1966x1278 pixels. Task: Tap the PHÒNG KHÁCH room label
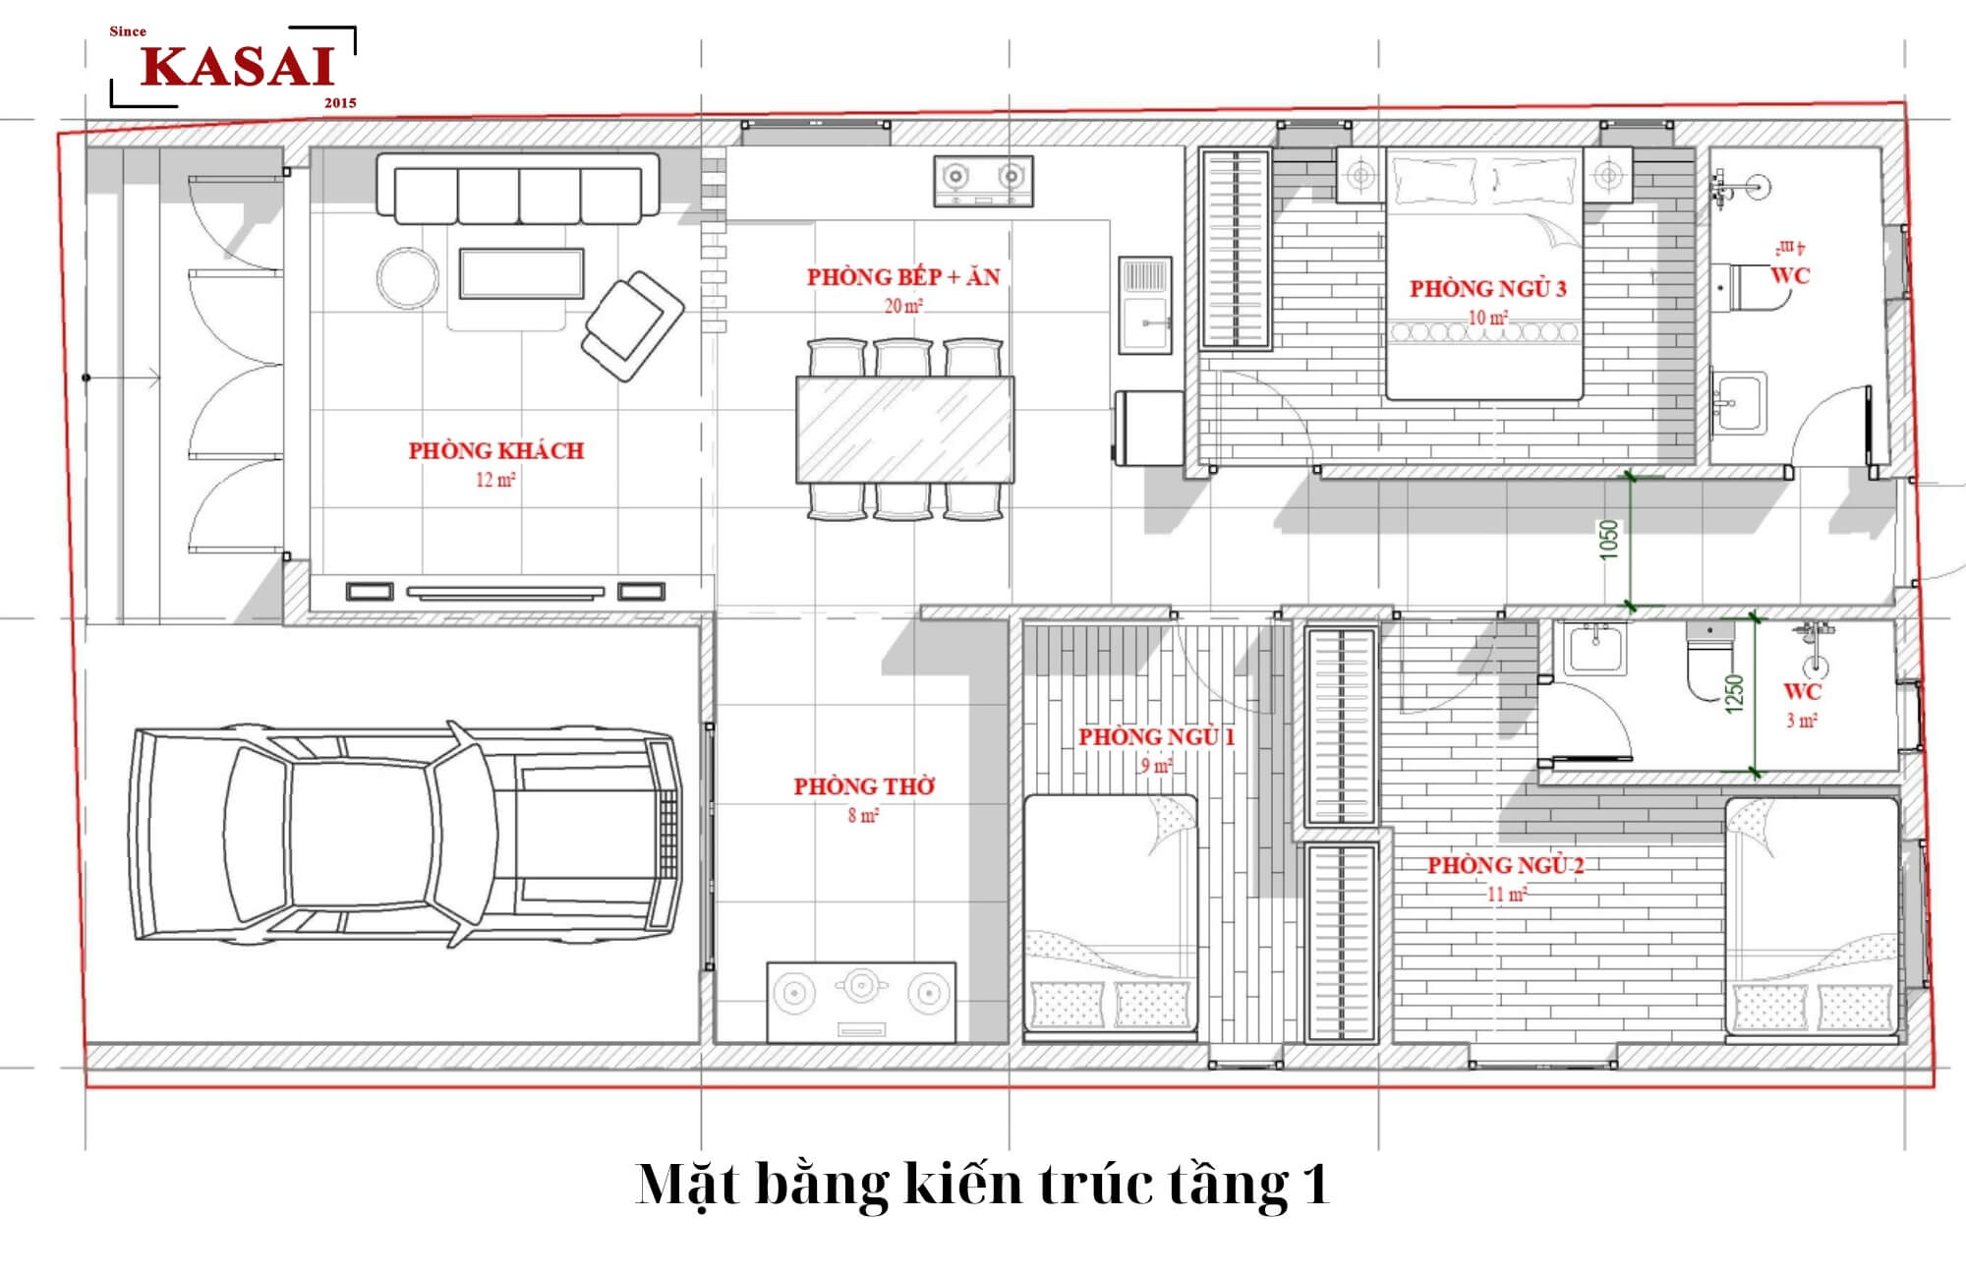pyautogui.click(x=496, y=451)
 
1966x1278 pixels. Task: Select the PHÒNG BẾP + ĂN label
pyautogui.click(x=903, y=277)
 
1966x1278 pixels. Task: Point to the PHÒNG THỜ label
pyautogui.click(x=864, y=786)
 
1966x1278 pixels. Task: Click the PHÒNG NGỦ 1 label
pyautogui.click(x=1157, y=736)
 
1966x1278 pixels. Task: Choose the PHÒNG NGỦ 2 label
pyautogui.click(x=1506, y=865)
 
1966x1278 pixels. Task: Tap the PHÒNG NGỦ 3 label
pyautogui.click(x=1488, y=289)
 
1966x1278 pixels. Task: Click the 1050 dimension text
pyautogui.click(x=1608, y=540)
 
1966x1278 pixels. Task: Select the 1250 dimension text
pyautogui.click(x=1734, y=693)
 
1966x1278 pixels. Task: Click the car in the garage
pyautogui.click(x=404, y=835)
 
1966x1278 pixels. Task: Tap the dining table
pyautogui.click(x=904, y=430)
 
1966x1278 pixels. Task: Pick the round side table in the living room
pyautogui.click(x=408, y=276)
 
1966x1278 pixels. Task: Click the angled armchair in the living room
pyautogui.click(x=632, y=325)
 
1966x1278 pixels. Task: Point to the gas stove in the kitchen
pyautogui.click(x=983, y=181)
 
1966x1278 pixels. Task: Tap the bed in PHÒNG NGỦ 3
pyautogui.click(x=1484, y=274)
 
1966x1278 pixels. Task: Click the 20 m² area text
pyautogui.click(x=903, y=306)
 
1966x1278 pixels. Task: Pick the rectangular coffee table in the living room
pyautogui.click(x=521, y=273)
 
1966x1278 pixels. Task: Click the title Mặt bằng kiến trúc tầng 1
pyautogui.click(x=983, y=1184)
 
